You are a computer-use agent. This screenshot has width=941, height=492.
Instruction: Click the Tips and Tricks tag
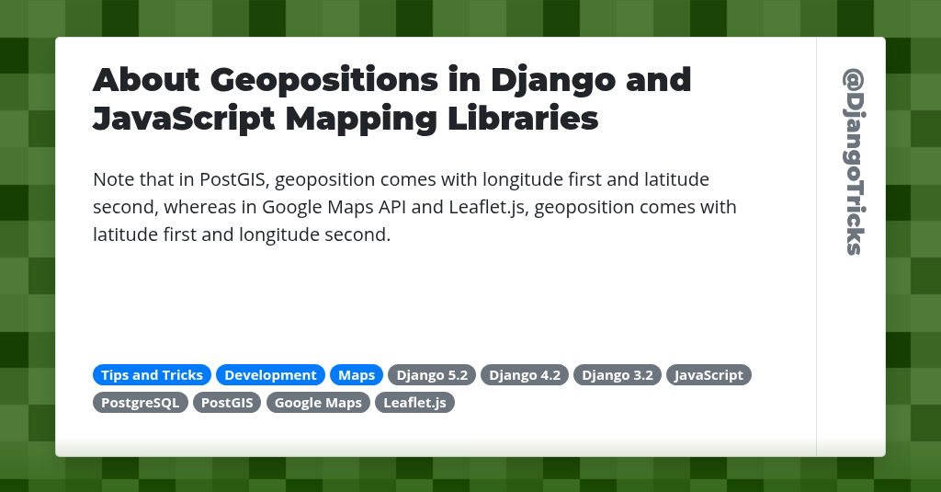(152, 375)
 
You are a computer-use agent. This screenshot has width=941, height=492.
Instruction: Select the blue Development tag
(270, 375)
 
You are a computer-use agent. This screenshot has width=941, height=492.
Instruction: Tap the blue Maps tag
(357, 375)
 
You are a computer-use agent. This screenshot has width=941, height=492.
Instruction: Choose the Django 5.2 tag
(432, 375)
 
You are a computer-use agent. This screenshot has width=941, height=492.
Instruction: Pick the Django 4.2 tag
(525, 375)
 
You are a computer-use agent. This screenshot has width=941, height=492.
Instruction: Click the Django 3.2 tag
(618, 375)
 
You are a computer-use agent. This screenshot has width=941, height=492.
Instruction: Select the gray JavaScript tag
(709, 375)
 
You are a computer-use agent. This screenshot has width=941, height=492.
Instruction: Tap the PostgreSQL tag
(141, 403)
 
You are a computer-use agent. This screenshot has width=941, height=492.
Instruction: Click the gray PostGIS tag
(227, 403)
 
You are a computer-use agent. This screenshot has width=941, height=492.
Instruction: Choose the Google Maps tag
(318, 403)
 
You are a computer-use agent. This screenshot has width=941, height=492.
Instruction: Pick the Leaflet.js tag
(414, 403)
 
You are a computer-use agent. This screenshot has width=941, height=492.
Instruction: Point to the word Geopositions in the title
(323, 81)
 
